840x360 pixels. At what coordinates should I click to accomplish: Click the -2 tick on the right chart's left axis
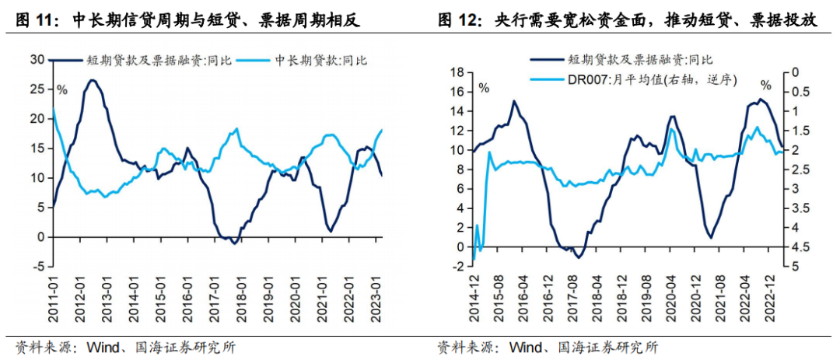(458, 267)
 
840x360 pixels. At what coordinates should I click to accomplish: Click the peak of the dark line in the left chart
(93, 80)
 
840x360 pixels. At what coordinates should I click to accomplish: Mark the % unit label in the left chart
(61, 89)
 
